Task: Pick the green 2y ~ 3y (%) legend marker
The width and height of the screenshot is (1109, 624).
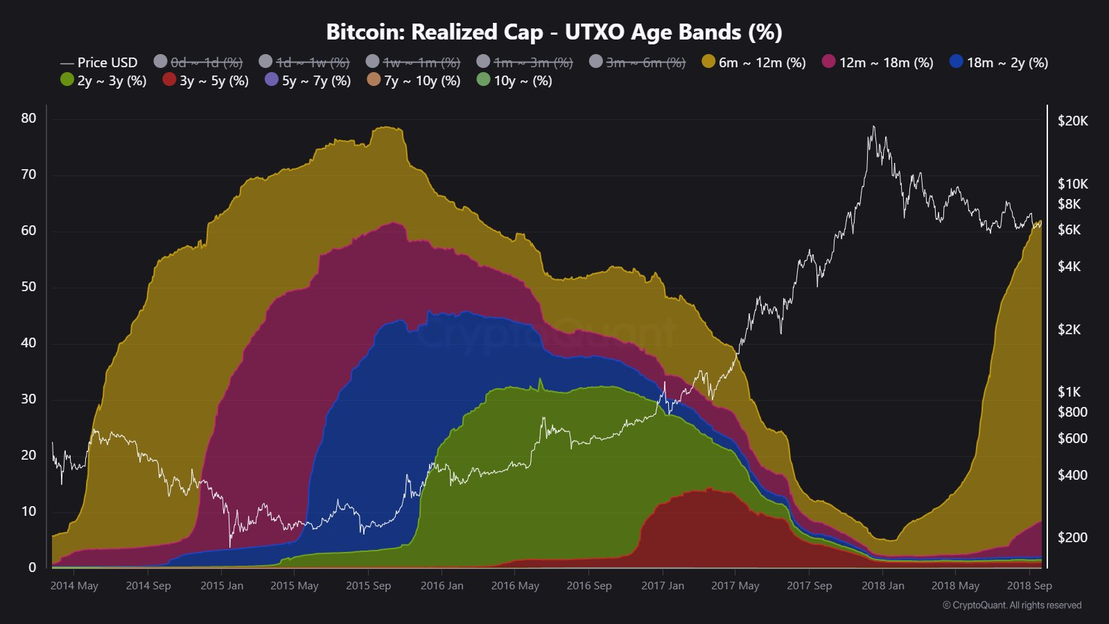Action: [x=67, y=80]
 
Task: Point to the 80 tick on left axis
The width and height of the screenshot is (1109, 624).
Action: [x=28, y=119]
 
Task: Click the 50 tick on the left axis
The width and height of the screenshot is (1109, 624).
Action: [x=28, y=287]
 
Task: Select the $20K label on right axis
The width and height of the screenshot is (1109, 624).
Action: [x=1072, y=121]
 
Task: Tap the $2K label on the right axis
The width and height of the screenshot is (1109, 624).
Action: [x=1069, y=329]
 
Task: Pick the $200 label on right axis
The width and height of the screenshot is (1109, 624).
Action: [x=1072, y=537]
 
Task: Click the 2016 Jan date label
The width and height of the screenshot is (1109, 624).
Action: [x=442, y=586]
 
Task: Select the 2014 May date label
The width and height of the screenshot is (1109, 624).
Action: [x=74, y=586]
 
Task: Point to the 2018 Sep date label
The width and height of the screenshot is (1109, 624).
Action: [x=1029, y=586]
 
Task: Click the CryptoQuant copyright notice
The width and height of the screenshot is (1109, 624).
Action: [x=1011, y=605]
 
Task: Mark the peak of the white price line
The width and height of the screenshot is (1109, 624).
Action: [x=873, y=126]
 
